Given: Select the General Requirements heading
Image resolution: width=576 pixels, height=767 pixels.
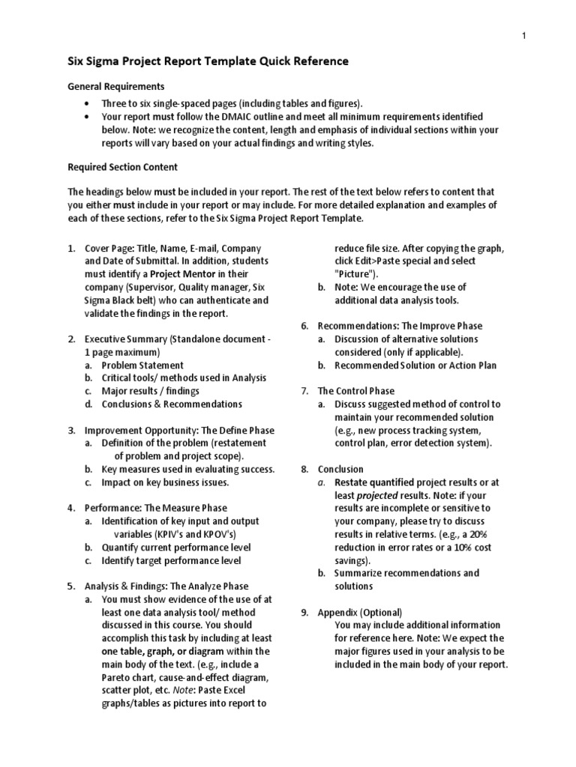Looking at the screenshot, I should [x=115, y=87].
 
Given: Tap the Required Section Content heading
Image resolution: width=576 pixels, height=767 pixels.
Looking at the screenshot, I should [x=122, y=167].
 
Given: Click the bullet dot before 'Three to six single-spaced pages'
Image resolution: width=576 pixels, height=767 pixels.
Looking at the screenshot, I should [x=90, y=103].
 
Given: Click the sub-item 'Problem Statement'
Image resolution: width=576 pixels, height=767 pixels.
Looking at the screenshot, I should [x=142, y=366].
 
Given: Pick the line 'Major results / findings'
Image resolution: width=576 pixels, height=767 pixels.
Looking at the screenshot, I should [x=151, y=391].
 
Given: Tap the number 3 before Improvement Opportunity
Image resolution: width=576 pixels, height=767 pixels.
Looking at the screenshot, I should [x=71, y=431].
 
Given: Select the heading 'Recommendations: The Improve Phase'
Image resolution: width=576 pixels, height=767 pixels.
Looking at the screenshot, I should [x=400, y=326].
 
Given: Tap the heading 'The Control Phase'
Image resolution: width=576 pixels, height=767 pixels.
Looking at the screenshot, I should [x=355, y=391].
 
